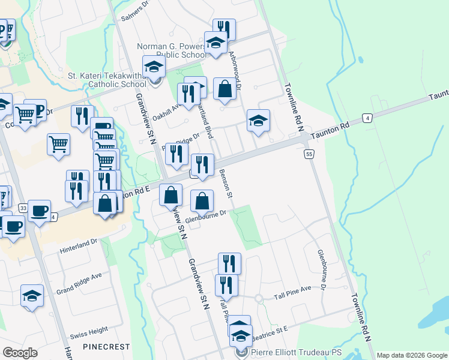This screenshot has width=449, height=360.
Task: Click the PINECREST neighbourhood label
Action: pyautogui.click(x=106, y=347)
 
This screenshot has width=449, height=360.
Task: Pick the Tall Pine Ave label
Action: pyautogui.click(x=293, y=290)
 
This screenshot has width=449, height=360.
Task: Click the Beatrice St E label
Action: pyautogui.click(x=270, y=329)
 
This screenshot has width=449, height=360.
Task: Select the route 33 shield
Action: pyautogui.click(x=23, y=208)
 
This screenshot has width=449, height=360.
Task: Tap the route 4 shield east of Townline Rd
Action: pyautogui.click(x=367, y=118)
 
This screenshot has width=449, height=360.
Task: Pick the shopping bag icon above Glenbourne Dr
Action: pyautogui.click(x=203, y=200)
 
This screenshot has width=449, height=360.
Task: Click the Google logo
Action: pyautogui.click(x=20, y=353)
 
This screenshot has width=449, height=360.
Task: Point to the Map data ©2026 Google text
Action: pyautogui.click(x=411, y=355)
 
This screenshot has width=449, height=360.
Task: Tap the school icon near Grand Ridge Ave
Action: pyautogui.click(x=32, y=296)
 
